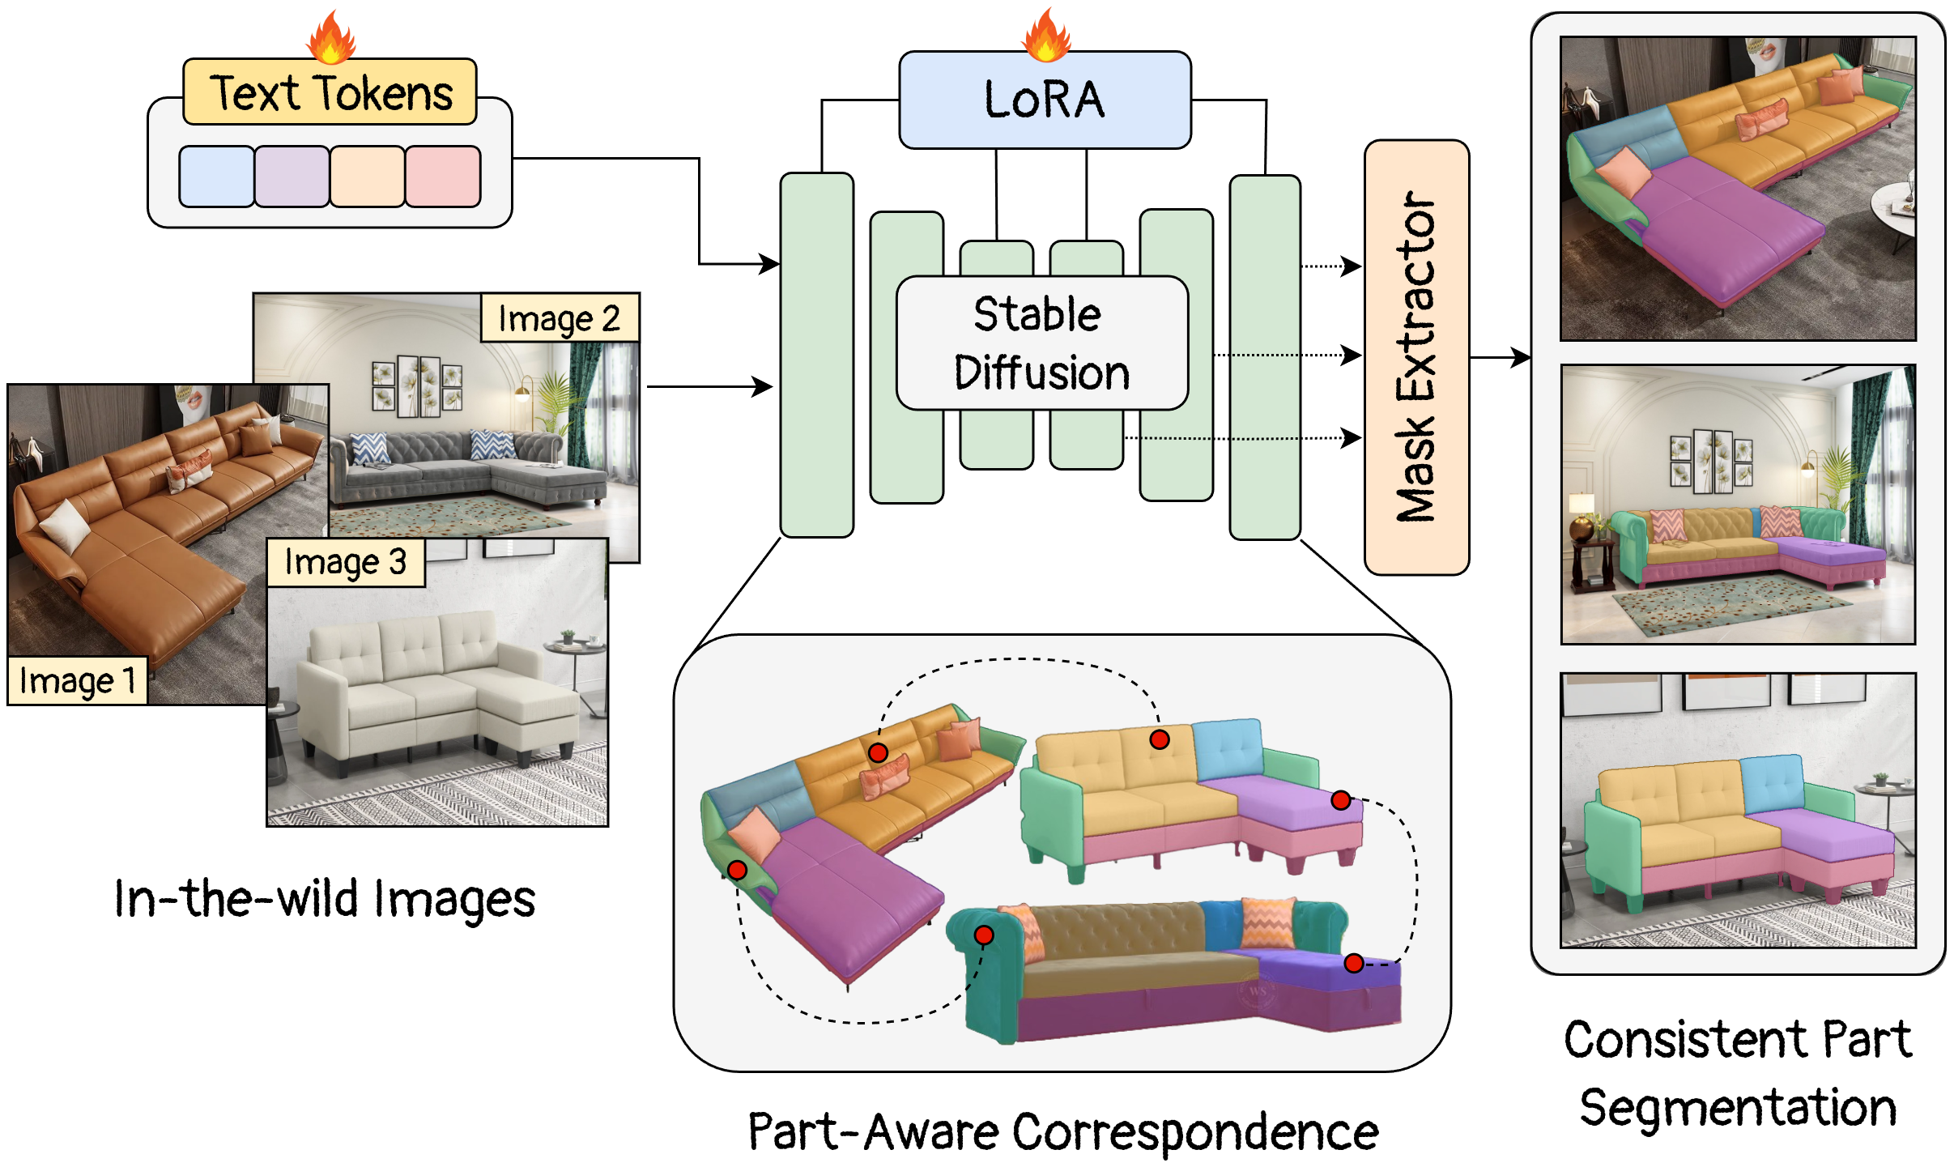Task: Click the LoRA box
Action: pyautogui.click(x=1045, y=100)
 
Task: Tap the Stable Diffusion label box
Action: pyautogui.click(x=1041, y=343)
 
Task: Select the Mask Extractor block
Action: pyautogui.click(x=1416, y=357)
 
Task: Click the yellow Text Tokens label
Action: pyautogui.click(x=330, y=92)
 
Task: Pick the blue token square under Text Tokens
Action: pyautogui.click(x=216, y=177)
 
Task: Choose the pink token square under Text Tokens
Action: pyautogui.click(x=443, y=177)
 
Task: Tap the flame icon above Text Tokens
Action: pyautogui.click(x=330, y=38)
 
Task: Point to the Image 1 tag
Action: pyautogui.click(x=78, y=680)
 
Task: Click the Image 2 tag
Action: pyautogui.click(x=560, y=318)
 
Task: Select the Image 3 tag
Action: pyautogui.click(x=346, y=562)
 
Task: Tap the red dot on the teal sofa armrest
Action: pyautogui.click(x=984, y=935)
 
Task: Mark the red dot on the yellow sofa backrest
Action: pyautogui.click(x=1160, y=739)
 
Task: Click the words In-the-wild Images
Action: pyautogui.click(x=325, y=899)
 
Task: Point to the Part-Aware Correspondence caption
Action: pyautogui.click(x=1062, y=1131)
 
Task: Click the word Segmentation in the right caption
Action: pyautogui.click(x=1738, y=1107)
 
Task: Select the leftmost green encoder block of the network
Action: pyautogui.click(x=816, y=355)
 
